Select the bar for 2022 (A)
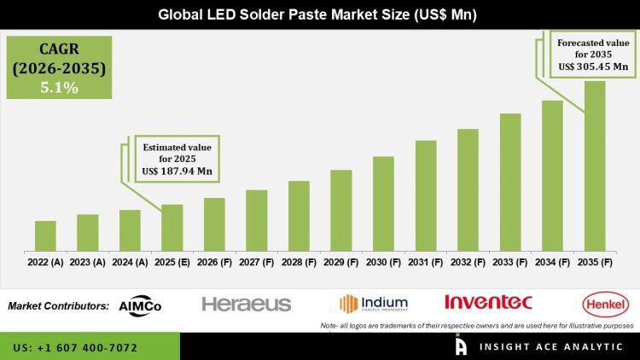[45, 236]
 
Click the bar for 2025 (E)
[172, 228]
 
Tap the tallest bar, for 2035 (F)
[595, 166]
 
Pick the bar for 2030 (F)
[383, 204]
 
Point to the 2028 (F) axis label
[299, 263]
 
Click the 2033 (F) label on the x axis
[510, 263]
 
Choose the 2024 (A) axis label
[130, 263]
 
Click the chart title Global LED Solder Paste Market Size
[320, 15]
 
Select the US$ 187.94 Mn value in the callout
[177, 171]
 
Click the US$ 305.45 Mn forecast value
[593, 66]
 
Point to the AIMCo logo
[141, 305]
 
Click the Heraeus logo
[247, 304]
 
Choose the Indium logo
[374, 303]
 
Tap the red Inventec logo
[488, 302]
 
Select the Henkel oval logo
[605, 303]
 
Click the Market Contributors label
[58, 305]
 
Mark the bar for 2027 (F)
[257, 221]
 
